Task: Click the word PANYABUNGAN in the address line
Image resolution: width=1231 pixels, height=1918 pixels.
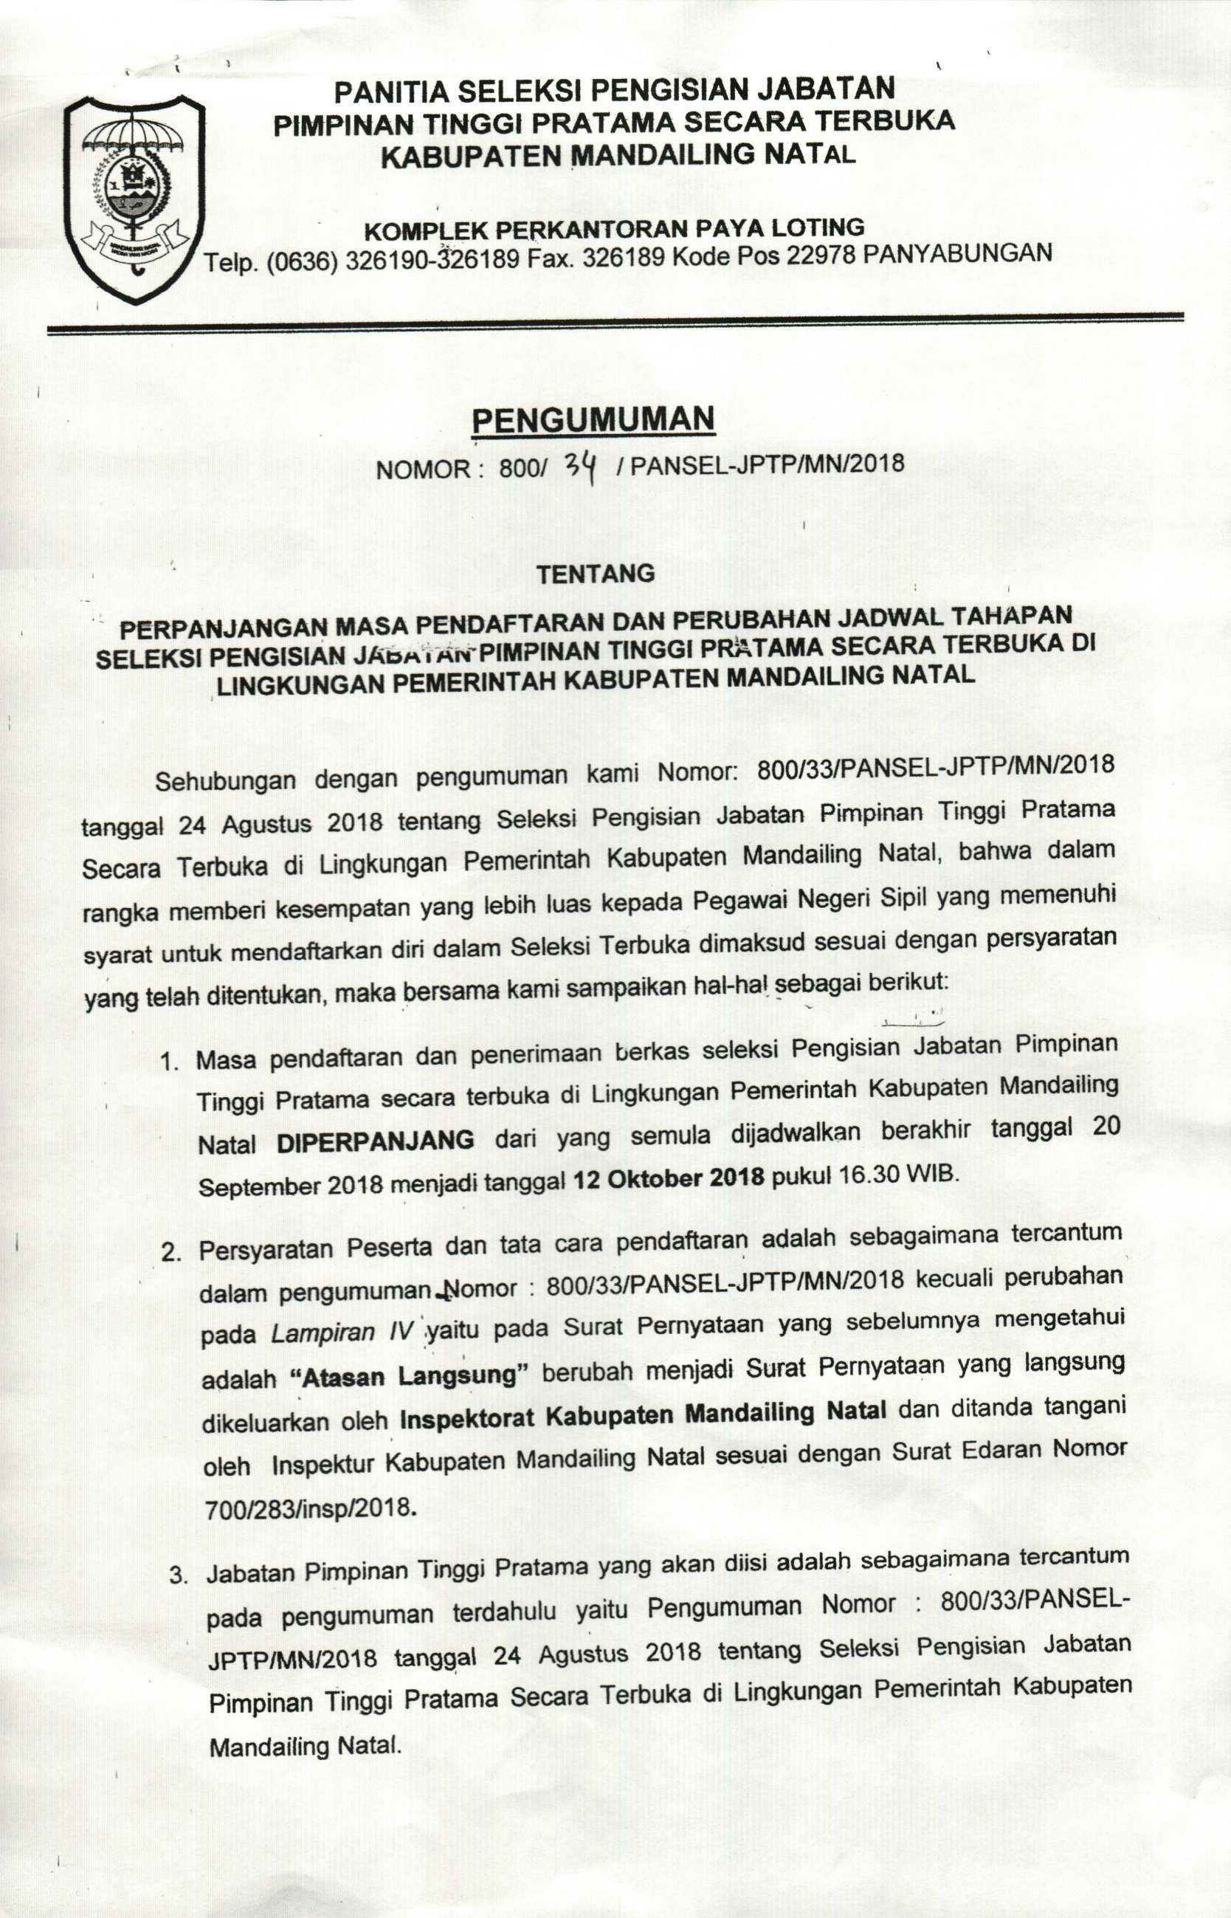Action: pos(959,252)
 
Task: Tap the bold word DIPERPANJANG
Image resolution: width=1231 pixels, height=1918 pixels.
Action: pos(375,1141)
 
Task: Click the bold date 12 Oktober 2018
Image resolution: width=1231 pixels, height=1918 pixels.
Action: pos(668,1179)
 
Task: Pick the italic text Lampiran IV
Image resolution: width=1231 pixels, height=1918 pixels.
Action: pos(340,1333)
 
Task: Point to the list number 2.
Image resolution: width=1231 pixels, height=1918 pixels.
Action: pos(171,1252)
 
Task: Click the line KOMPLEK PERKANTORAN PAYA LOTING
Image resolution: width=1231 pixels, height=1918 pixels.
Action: pos(614,230)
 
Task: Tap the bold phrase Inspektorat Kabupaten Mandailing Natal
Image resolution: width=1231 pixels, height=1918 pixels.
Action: pos(643,1415)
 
